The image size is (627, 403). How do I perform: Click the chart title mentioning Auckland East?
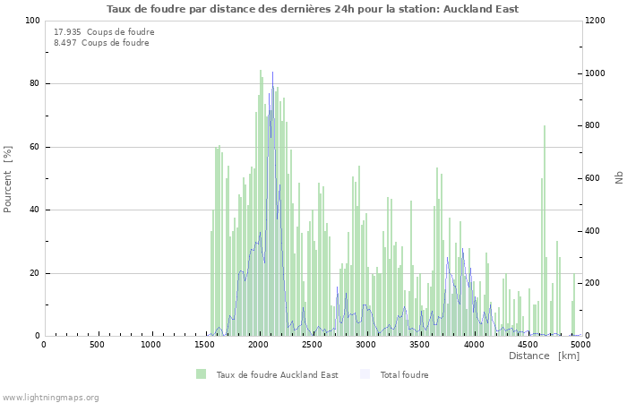click(x=313, y=9)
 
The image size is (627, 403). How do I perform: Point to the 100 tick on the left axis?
click(x=32, y=21)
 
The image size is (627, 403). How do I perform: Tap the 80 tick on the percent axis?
click(x=35, y=84)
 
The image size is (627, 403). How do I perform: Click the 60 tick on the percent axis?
click(x=35, y=147)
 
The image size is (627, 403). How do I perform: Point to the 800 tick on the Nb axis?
click(x=594, y=125)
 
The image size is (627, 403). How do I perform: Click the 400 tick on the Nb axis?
click(x=594, y=231)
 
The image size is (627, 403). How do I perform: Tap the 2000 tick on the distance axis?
click(x=259, y=345)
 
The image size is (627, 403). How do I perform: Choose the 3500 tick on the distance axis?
click(x=420, y=345)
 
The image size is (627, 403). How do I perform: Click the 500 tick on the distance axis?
click(x=98, y=345)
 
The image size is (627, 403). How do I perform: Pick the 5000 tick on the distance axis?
click(x=580, y=345)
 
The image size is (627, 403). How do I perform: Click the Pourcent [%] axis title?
click(x=8, y=178)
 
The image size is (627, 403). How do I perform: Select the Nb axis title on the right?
click(x=619, y=178)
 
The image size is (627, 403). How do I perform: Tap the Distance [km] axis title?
click(x=544, y=356)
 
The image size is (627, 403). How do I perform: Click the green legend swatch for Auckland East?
click(x=202, y=374)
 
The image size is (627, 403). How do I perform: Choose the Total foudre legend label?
click(x=404, y=375)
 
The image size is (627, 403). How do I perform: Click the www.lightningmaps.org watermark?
click(x=50, y=397)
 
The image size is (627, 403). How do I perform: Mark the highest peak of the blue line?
click(x=272, y=73)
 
